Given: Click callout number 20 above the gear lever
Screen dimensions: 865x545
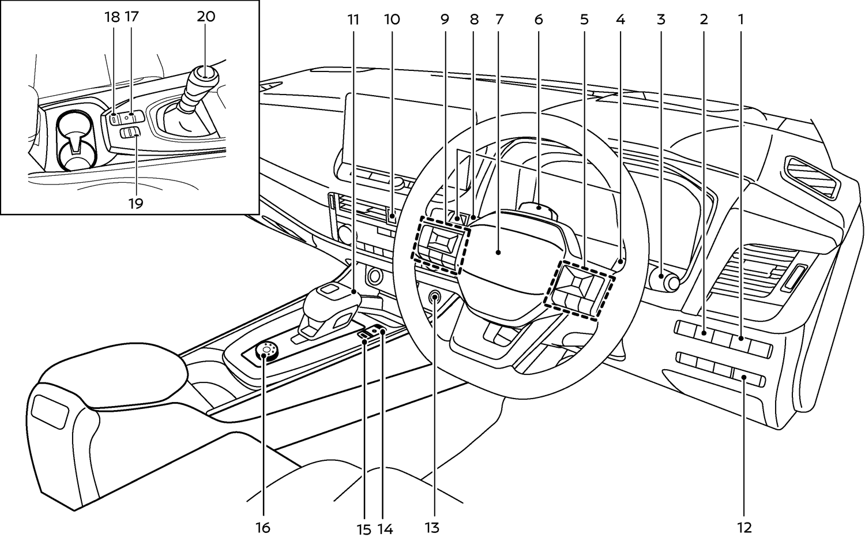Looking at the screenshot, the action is pyautogui.click(x=206, y=17).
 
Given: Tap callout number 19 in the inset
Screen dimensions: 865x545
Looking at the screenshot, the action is pyautogui.click(x=136, y=203).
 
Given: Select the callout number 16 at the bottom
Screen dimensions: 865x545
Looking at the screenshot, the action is pyautogui.click(x=263, y=528).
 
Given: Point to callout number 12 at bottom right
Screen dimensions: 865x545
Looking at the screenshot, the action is pyautogui.click(x=744, y=528).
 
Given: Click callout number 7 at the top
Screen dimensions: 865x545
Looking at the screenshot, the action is pyautogui.click(x=499, y=19).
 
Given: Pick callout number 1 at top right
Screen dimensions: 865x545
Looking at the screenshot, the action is pyautogui.click(x=740, y=19).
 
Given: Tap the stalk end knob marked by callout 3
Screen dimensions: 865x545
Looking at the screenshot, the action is pyautogui.click(x=665, y=281).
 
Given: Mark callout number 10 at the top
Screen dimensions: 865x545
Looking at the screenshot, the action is pyautogui.click(x=392, y=19).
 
